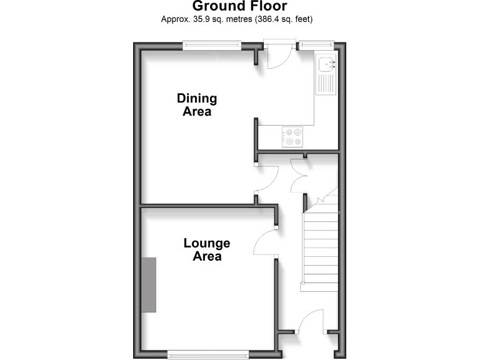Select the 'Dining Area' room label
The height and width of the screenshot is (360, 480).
coord(197,105)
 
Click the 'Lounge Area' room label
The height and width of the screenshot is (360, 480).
coord(206,249)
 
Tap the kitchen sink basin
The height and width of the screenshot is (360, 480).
coord(327,64)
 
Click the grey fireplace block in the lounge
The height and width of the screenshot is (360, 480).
coord(149,284)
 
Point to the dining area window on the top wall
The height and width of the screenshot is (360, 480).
coord(212,44)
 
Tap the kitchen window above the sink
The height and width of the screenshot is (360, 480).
coord(316,44)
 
